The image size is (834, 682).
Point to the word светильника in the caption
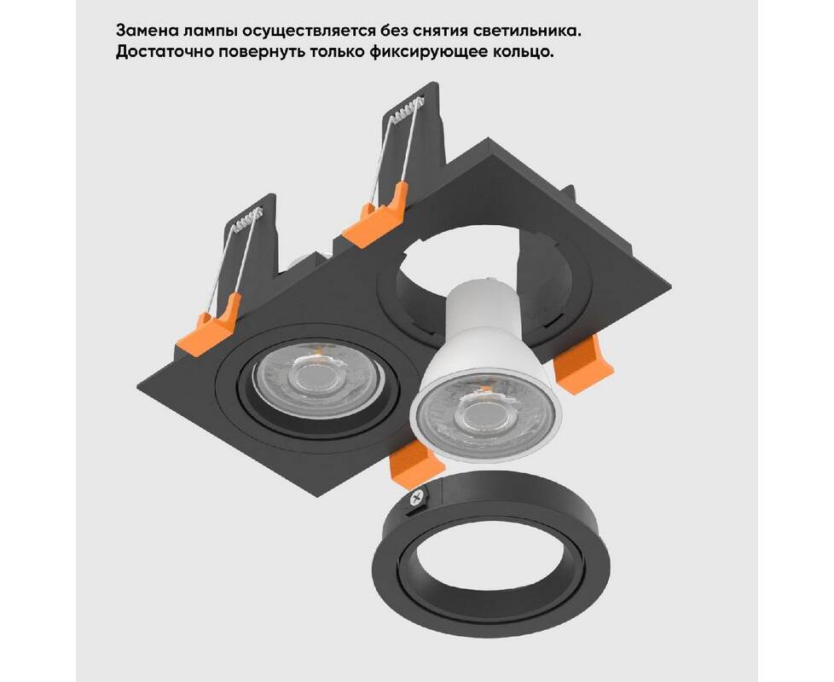pos(526,31)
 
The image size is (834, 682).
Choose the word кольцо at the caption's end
pos(522,53)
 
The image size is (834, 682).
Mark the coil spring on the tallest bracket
pos(409,109)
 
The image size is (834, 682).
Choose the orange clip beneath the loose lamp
pos(418,462)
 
